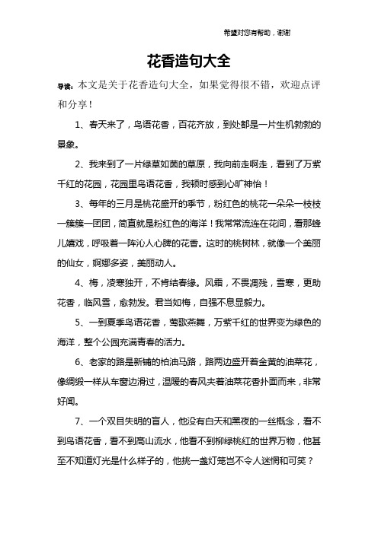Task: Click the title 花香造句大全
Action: (188, 61)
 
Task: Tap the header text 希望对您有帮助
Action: (249, 33)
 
